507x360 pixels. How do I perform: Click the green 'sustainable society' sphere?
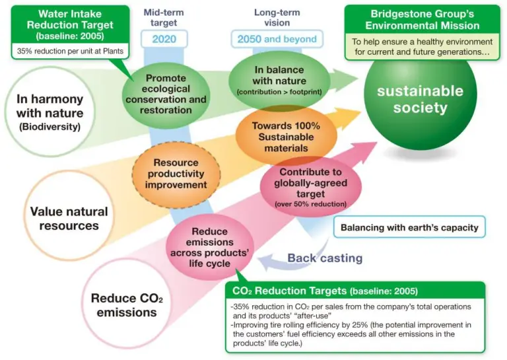[420, 100]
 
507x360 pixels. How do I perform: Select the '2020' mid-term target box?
[170, 38]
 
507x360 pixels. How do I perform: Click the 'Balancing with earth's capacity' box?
[409, 228]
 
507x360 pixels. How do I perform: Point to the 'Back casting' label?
[325, 258]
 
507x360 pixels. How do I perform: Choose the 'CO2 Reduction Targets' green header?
[323, 291]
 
